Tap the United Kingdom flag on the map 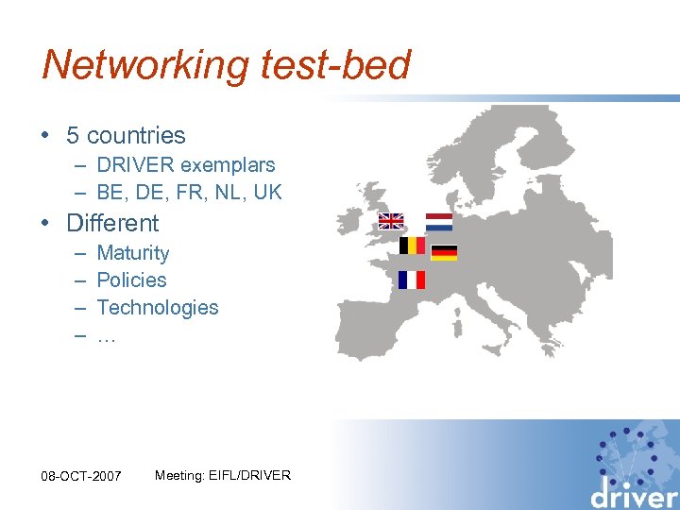(x=391, y=221)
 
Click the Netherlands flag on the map (x=439, y=222)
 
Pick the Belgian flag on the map (x=412, y=246)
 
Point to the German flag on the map (x=444, y=252)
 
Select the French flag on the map (x=412, y=280)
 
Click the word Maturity (x=133, y=253)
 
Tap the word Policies (x=131, y=280)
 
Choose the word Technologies (x=158, y=308)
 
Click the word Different (x=112, y=224)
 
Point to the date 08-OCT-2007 (x=82, y=476)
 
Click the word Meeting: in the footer (x=178, y=475)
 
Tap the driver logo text (x=635, y=493)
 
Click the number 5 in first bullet (x=72, y=136)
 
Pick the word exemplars (x=231, y=164)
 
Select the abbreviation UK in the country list (x=268, y=192)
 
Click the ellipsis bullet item (x=106, y=335)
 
